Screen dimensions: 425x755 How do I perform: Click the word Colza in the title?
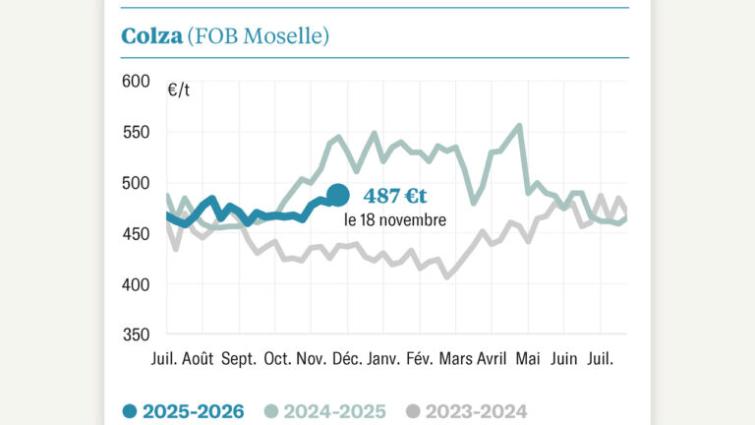151,36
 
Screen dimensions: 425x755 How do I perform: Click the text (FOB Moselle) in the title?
258,36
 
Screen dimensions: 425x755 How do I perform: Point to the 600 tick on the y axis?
136,81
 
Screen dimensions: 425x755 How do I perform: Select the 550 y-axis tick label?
136,132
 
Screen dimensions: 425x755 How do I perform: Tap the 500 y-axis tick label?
136,183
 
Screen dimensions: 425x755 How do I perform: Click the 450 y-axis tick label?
136,234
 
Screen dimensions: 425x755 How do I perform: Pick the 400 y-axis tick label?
136,284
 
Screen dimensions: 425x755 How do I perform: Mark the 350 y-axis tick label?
136,335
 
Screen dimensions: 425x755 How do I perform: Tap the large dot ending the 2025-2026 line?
337,195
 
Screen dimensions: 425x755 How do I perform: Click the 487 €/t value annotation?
395,196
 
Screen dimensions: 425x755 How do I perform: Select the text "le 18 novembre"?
394,219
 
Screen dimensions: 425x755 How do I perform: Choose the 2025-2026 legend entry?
184,411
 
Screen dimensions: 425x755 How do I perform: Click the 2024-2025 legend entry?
325,411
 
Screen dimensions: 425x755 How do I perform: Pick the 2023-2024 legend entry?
466,411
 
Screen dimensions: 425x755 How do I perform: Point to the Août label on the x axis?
198,360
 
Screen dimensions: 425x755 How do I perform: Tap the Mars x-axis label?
455,360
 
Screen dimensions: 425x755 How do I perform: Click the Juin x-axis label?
565,360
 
